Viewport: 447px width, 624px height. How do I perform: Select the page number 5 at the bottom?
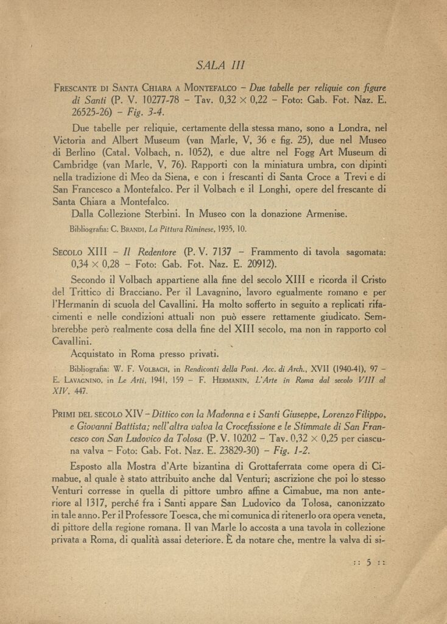pyautogui.click(x=369, y=564)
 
